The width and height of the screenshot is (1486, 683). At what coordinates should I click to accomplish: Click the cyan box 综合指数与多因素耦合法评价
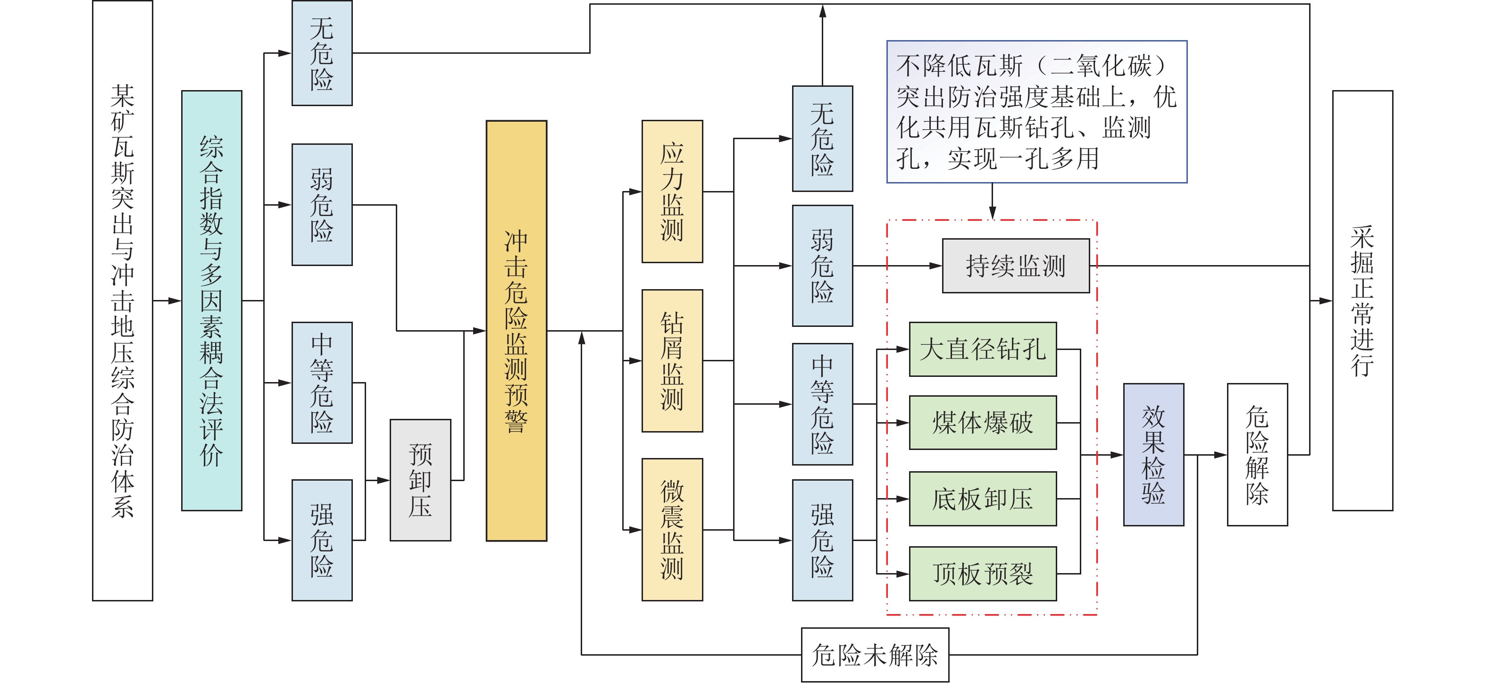(x=211, y=300)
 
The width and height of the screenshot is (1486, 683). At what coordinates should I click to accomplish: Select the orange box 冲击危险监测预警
(x=516, y=331)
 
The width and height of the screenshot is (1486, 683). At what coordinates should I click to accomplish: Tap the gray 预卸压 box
(x=420, y=480)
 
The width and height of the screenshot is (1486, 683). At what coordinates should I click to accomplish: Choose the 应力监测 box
(x=672, y=192)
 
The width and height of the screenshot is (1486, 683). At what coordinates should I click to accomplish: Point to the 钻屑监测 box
(x=672, y=360)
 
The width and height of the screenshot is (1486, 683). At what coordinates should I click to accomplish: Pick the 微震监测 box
(x=672, y=530)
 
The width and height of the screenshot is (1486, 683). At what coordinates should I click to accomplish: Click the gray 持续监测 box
(x=1015, y=266)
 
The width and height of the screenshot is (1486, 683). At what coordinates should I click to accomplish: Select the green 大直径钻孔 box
(x=982, y=349)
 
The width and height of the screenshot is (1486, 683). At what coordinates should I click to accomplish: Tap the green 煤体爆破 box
(x=982, y=423)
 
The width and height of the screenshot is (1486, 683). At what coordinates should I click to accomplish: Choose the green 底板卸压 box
(x=982, y=499)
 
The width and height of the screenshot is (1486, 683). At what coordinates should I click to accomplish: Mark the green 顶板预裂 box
(x=982, y=574)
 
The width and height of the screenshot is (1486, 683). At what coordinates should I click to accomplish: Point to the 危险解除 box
(x=1257, y=455)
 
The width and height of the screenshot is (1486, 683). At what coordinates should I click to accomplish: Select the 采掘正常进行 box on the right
(x=1362, y=300)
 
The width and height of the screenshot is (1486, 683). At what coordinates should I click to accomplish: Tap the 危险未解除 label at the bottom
(x=875, y=655)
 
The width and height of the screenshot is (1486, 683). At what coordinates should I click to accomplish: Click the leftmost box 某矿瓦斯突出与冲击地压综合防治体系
(x=122, y=300)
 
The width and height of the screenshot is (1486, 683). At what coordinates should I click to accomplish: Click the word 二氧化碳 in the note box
(x=1101, y=66)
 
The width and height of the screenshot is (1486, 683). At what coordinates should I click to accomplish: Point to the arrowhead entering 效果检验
(x=1118, y=455)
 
